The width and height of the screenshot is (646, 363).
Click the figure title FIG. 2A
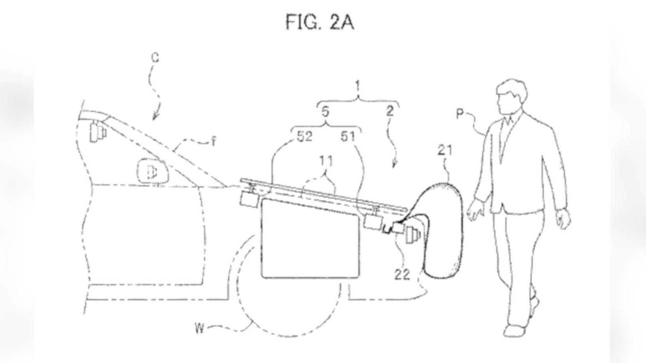319,22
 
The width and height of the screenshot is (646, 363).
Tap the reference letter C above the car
155,58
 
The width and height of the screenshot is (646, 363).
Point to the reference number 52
304,137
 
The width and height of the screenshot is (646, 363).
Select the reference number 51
348,137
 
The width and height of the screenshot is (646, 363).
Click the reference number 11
326,161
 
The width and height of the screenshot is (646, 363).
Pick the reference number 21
445,150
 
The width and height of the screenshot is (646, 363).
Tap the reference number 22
402,275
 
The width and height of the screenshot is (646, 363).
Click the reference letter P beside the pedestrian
460,114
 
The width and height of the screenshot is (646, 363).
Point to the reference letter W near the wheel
199,328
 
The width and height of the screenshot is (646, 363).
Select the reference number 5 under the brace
325,112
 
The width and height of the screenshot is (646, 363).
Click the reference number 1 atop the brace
358,86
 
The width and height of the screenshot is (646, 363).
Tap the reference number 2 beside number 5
390,111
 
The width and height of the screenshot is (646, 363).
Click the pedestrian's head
511,96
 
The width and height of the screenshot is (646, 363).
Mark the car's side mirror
152,171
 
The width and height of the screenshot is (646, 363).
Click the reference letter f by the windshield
213,141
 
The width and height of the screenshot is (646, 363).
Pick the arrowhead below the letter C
155,117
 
